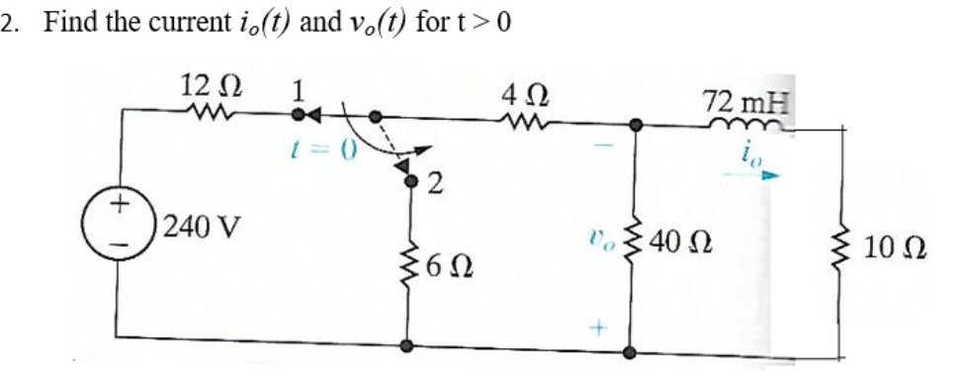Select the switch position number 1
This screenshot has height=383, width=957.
point(294,90)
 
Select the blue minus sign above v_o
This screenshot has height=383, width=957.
point(605,147)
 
